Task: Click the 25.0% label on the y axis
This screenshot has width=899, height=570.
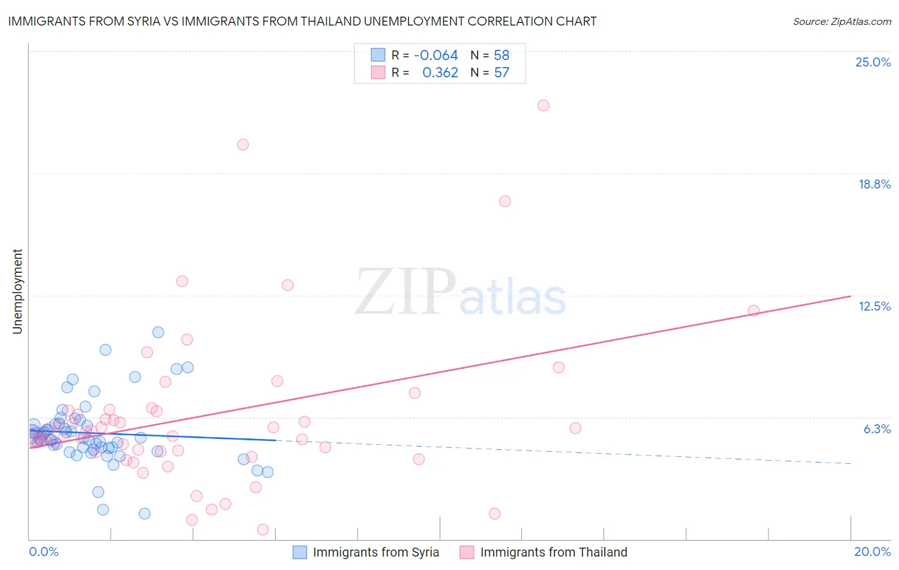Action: (x=873, y=62)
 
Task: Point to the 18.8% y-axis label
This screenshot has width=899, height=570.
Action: (x=874, y=184)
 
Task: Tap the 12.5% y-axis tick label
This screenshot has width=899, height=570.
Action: (x=874, y=306)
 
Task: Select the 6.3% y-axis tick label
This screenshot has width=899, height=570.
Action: (x=877, y=429)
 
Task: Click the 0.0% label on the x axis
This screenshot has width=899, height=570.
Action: (x=43, y=551)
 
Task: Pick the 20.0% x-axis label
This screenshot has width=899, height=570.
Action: (x=872, y=551)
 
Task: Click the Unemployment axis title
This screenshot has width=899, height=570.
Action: (x=17, y=291)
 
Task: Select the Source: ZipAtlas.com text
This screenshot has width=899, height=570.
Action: (x=841, y=21)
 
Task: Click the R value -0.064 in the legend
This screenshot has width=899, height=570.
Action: (x=436, y=56)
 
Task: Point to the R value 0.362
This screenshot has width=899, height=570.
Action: (x=440, y=73)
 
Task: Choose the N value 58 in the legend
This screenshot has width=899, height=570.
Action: (x=501, y=56)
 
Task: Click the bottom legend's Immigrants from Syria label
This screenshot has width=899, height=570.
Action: (x=375, y=552)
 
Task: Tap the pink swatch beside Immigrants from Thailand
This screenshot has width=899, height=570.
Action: (x=467, y=552)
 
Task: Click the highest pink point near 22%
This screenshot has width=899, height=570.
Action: (x=543, y=105)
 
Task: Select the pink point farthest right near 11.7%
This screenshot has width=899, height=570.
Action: (x=754, y=311)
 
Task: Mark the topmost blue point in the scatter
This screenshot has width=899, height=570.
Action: (x=158, y=332)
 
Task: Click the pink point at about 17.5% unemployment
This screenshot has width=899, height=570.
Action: (x=505, y=201)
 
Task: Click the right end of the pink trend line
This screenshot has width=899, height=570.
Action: (x=850, y=296)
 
